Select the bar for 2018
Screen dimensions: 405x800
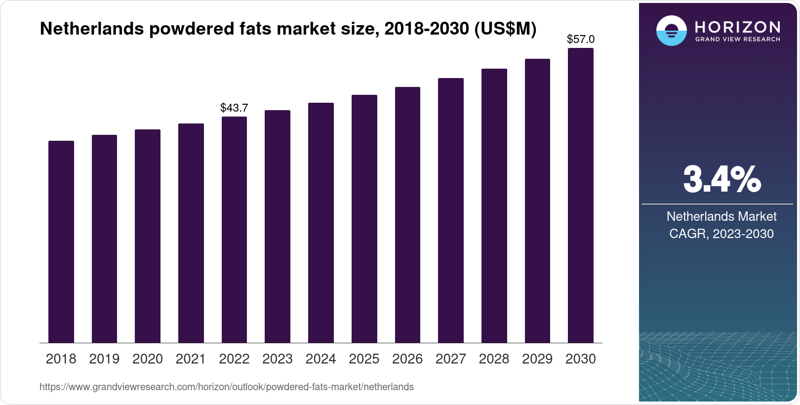(61, 242)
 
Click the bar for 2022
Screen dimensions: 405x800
(234, 230)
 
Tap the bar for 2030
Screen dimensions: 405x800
(581, 195)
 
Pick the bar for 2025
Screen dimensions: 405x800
(364, 219)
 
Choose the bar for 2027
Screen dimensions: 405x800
(451, 210)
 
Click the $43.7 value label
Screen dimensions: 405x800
(234, 108)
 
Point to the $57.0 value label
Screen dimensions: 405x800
(581, 39)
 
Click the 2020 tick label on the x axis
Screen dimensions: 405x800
(148, 359)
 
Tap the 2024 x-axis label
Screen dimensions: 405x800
(320, 359)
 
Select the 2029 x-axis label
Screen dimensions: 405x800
(537, 359)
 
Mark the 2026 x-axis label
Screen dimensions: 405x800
(407, 359)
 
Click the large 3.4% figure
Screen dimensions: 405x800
(721, 179)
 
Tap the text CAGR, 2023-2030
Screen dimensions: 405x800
(721, 234)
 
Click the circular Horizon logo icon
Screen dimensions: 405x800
(671, 31)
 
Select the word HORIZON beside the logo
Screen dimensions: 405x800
(738, 27)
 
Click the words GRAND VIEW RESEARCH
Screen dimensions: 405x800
(738, 40)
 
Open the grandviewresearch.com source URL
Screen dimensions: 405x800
(227, 387)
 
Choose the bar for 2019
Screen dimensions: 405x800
(104, 239)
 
